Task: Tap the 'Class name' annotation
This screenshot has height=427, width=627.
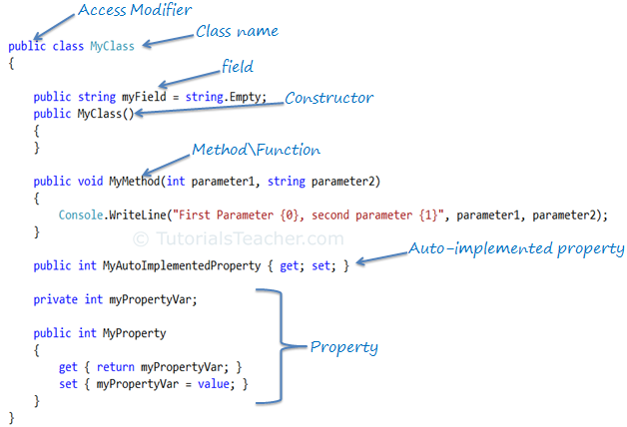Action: point(237,32)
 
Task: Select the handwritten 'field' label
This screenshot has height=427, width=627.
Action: point(238,67)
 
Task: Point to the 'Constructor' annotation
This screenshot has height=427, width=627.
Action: point(329,98)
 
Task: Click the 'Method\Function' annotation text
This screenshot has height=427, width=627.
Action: point(256,150)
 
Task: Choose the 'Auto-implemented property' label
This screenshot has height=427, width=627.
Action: point(516,247)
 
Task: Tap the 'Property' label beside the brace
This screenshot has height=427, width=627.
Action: point(343,347)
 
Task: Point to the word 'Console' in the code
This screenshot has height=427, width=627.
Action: point(82,214)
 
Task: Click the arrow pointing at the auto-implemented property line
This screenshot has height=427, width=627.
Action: point(380,257)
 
